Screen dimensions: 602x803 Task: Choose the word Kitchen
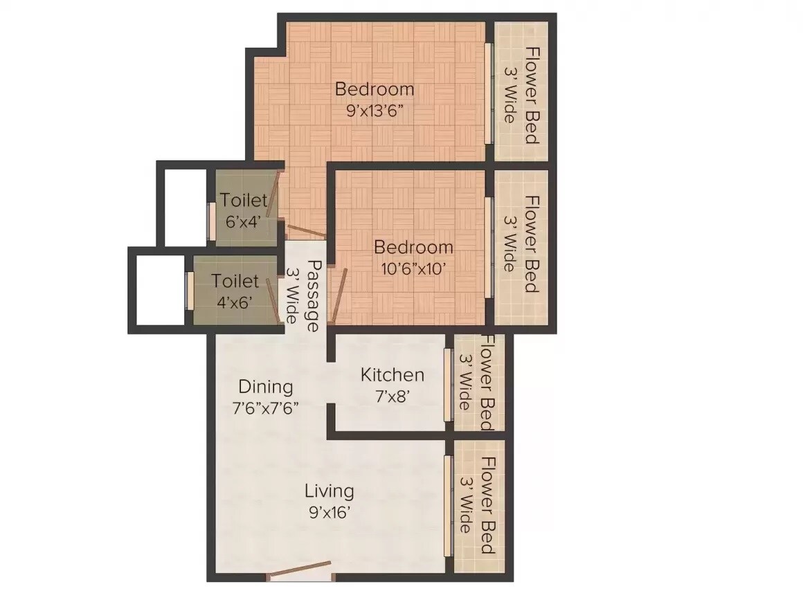click(392, 375)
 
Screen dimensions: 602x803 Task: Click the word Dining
click(266, 387)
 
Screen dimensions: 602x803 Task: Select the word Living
click(330, 491)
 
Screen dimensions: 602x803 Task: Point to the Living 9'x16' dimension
click(330, 513)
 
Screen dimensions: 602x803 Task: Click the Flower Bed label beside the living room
click(487, 505)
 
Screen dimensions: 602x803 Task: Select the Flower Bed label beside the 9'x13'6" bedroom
click(531, 94)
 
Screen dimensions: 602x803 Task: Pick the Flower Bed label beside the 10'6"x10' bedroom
click(531, 244)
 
